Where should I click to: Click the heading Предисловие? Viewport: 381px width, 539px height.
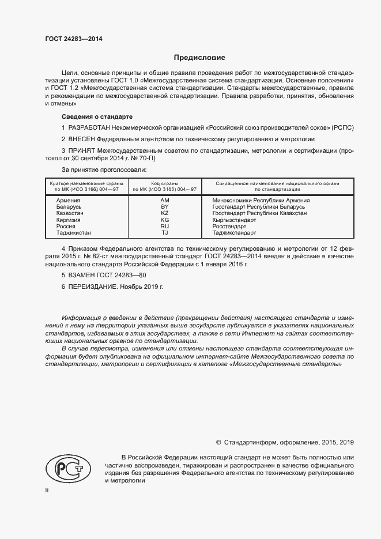[199, 58]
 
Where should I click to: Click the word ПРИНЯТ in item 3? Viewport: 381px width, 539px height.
[84, 151]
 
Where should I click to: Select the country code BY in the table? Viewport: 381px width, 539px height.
[164, 206]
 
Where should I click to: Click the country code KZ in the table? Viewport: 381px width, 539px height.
[164, 213]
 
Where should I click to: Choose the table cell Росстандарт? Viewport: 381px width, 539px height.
[229, 227]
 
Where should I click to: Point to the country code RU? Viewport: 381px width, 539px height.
[164, 227]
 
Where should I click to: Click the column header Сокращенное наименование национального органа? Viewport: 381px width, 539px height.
[277, 183]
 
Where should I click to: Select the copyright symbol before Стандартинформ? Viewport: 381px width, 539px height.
[218, 442]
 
